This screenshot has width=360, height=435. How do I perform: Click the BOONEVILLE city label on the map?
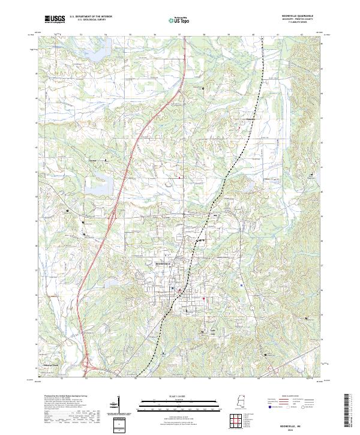(x=163, y=264)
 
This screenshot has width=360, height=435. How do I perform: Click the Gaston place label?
(x=92, y=160)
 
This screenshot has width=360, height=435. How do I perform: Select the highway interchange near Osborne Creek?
(x=89, y=362)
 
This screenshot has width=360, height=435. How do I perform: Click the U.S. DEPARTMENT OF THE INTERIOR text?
(x=90, y=17)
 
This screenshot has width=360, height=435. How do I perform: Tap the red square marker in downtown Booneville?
(x=203, y=298)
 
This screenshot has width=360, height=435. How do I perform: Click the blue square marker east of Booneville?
(x=241, y=286)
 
